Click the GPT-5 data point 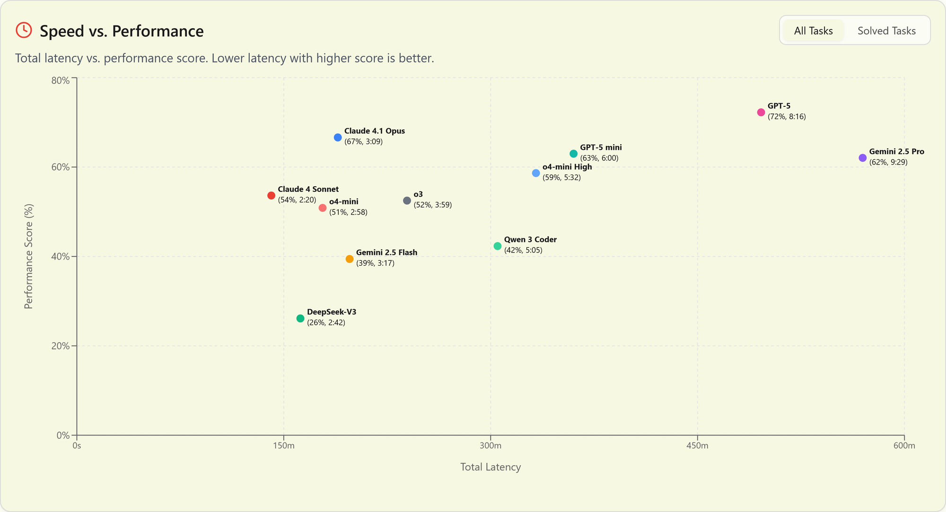(x=761, y=113)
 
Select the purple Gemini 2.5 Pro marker (x=862, y=158)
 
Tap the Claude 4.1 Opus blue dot (x=338, y=138)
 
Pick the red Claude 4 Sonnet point (x=271, y=196)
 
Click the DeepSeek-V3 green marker (x=300, y=319)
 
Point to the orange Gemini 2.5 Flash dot (x=350, y=259)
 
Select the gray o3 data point (x=407, y=201)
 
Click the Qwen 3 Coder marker (x=498, y=246)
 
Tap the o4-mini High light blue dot (x=536, y=174)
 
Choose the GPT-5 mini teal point (x=573, y=154)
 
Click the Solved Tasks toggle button (x=886, y=31)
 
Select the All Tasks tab (x=813, y=31)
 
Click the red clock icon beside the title (x=24, y=30)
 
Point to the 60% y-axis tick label (x=60, y=167)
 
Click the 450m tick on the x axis (x=697, y=446)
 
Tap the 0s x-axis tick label (x=77, y=446)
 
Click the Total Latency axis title (x=490, y=467)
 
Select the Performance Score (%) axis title (x=28, y=256)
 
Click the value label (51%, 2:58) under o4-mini (x=348, y=212)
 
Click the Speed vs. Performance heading (x=122, y=31)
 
